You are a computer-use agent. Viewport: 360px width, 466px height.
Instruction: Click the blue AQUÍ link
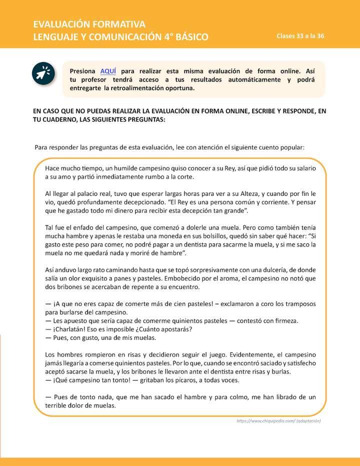click(x=108, y=71)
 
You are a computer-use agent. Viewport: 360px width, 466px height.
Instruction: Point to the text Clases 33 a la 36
click(x=300, y=36)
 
